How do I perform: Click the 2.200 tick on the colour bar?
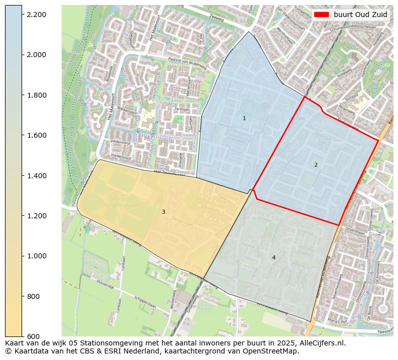pos(36,15)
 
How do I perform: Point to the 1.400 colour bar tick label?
pos(36,176)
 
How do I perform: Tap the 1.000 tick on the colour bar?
pos(36,256)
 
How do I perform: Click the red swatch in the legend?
pos(322,15)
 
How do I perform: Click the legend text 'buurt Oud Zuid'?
pos(360,15)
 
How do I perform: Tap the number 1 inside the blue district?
pos(244,119)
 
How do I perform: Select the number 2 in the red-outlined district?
pos(316,165)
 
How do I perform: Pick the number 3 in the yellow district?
pos(163,212)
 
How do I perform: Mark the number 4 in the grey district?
pos(274,258)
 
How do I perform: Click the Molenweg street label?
pos(346,109)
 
